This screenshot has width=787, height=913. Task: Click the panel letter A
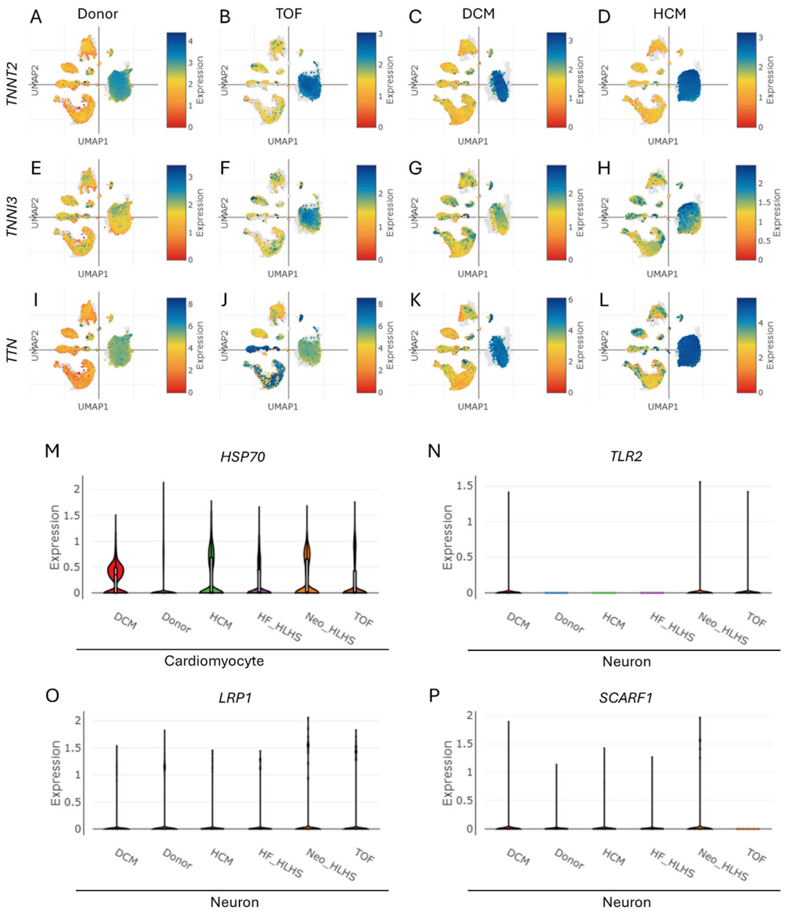pyautogui.click(x=36, y=17)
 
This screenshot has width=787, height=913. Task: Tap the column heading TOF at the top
pyautogui.click(x=289, y=14)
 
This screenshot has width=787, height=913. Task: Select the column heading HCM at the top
pyautogui.click(x=669, y=14)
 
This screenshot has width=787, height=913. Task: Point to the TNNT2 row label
pyautogui.click(x=12, y=84)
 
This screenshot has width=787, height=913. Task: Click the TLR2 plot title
pyautogui.click(x=626, y=456)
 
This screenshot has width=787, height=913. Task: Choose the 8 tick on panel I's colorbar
pyautogui.click(x=190, y=304)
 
